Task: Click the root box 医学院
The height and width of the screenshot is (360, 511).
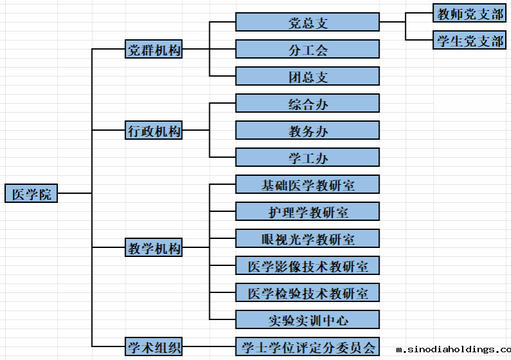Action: point(31,193)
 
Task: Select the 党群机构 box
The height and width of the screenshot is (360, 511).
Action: point(154,50)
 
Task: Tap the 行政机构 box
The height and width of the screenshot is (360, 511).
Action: point(154,131)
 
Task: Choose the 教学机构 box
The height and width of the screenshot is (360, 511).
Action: point(154,248)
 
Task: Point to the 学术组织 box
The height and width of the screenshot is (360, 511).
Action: point(154,347)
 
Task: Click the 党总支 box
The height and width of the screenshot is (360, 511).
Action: point(308,23)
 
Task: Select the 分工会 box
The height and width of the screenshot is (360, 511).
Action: point(308,50)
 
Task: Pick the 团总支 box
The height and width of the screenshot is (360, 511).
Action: point(308,77)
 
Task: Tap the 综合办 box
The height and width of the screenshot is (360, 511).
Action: point(308,104)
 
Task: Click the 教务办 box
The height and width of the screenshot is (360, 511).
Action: point(308,131)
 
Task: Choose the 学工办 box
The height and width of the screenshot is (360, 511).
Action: point(308,158)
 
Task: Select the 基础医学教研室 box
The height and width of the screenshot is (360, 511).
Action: point(308,185)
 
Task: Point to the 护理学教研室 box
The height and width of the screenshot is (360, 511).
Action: point(308,212)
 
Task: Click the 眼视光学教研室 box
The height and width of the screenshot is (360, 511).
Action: point(308,239)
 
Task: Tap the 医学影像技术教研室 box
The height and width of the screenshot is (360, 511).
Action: point(308,266)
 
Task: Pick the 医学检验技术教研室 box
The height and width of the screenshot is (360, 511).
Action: point(308,293)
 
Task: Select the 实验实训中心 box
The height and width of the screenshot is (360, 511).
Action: point(308,320)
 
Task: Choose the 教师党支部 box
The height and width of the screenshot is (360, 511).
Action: point(469,14)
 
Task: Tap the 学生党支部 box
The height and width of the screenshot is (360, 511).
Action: point(469,41)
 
